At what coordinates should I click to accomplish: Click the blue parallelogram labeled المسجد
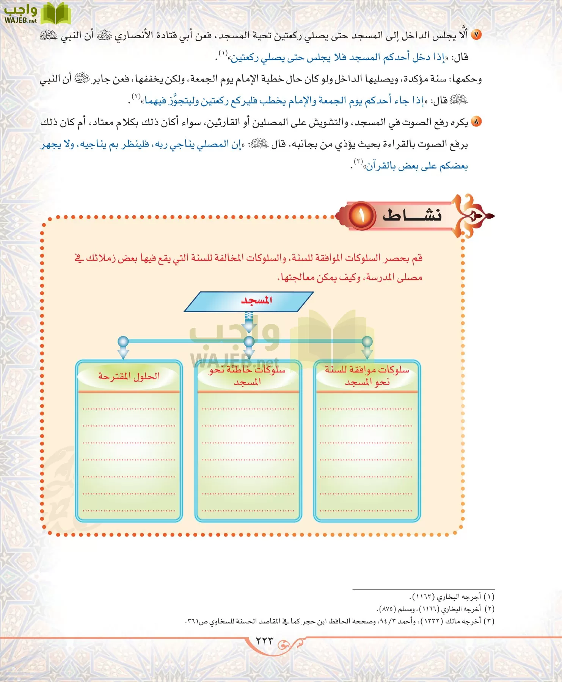point(249,301)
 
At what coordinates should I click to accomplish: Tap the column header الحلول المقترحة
point(129,376)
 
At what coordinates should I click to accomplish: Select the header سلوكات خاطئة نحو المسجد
point(248,376)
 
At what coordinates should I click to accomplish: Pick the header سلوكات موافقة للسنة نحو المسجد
point(367,376)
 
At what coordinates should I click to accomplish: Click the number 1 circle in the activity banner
point(361,216)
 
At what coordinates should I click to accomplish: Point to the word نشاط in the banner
point(412,215)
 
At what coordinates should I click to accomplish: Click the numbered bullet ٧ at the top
point(476,35)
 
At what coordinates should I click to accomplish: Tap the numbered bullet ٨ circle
point(476,122)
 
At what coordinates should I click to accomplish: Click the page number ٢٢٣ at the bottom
point(264,641)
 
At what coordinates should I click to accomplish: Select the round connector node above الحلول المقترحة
point(123,341)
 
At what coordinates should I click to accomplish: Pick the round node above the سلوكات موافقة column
point(367,341)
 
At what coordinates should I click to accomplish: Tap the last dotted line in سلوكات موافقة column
point(366,510)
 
